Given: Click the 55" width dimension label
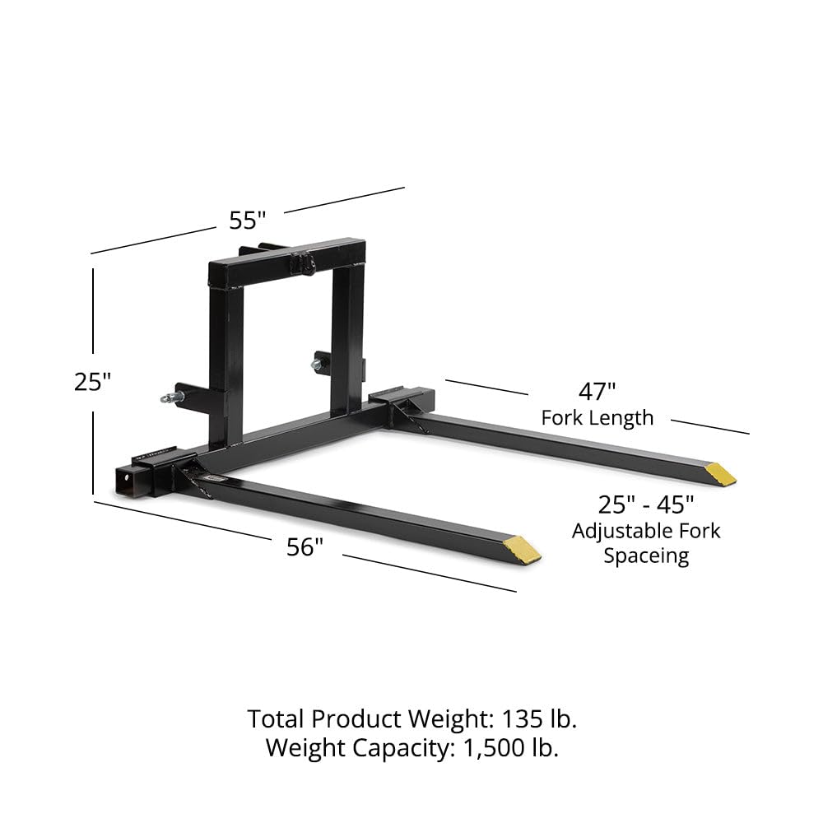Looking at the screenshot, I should pyautogui.click(x=247, y=221).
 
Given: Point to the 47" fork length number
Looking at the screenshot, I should pyautogui.click(x=597, y=391).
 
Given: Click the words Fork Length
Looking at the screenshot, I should pyautogui.click(x=597, y=417).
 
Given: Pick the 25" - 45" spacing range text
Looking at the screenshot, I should pyautogui.click(x=646, y=504).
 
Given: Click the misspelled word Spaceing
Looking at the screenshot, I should pyautogui.click(x=646, y=556).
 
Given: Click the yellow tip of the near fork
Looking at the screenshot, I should pyautogui.click(x=523, y=549).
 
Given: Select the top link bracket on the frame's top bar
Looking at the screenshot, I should pyautogui.click(x=306, y=263).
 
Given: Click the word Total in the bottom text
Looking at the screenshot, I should pyautogui.click(x=277, y=718).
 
